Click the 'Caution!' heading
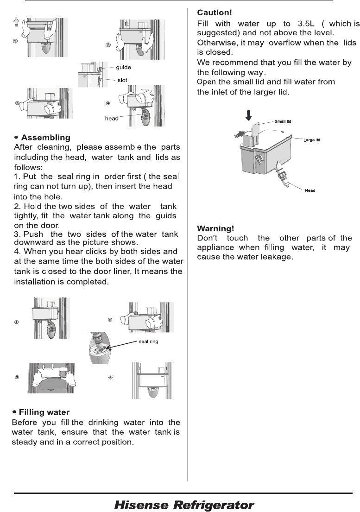click(215, 13)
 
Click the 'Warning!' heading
click(215, 228)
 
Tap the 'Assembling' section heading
click(46, 138)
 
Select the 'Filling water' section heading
click(44, 412)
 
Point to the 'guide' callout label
click(123, 67)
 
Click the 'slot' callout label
click(122, 80)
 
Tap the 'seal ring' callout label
click(149, 341)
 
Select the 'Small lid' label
click(283, 121)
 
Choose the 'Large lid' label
click(312, 140)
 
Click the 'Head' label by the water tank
click(310, 191)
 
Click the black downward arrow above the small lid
click(249, 115)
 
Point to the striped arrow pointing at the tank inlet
click(239, 134)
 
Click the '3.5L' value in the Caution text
click(306, 24)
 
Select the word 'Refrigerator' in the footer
click(214, 505)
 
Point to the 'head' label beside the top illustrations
click(112, 119)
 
